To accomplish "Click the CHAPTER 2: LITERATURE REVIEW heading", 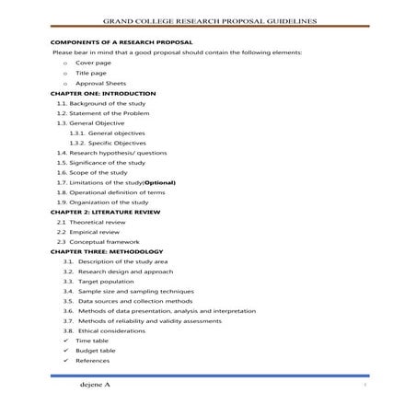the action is (x=105, y=212).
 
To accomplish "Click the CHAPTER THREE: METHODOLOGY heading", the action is (x=107, y=251).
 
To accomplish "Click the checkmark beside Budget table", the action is (x=65, y=351).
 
